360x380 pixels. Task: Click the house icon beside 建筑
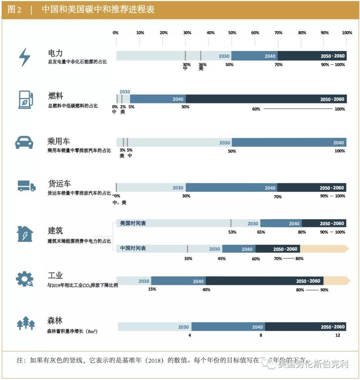point(25,234)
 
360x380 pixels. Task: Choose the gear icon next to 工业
point(24,279)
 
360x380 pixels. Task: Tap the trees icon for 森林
point(25,323)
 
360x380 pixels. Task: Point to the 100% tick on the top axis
point(346,32)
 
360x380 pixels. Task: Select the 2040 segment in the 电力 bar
point(255,56)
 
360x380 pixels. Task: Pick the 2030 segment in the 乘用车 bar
point(174,142)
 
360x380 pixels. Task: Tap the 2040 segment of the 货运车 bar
point(232,188)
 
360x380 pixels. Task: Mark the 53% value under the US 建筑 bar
point(232,232)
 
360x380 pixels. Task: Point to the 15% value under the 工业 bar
point(152,289)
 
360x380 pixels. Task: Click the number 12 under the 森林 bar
point(337,335)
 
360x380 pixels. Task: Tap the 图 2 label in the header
point(15,9)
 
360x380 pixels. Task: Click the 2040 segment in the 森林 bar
point(228,327)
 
